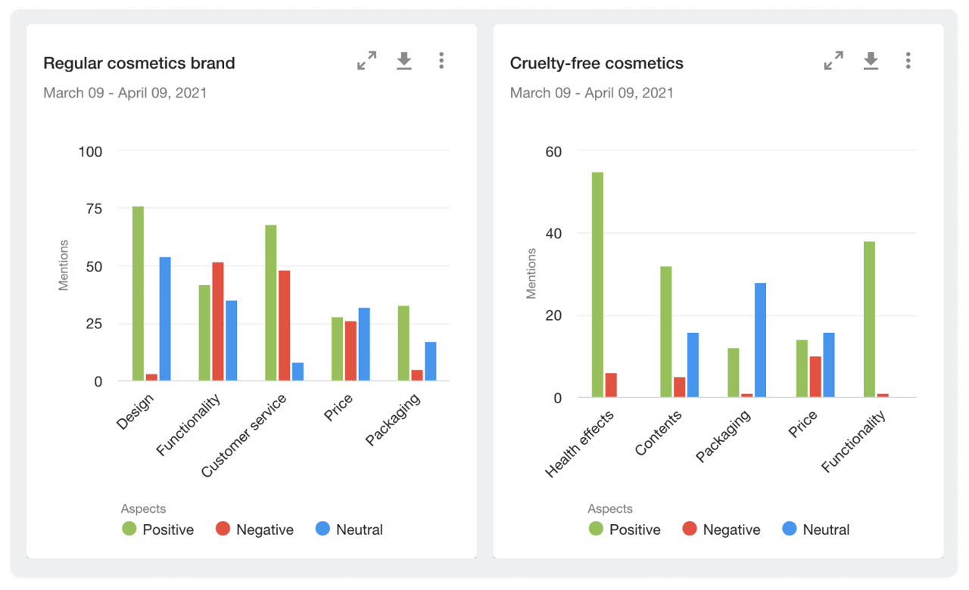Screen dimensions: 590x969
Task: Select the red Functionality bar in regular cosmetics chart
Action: click(x=218, y=321)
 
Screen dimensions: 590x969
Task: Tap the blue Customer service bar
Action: click(x=298, y=371)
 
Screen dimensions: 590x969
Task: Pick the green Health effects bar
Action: click(x=597, y=284)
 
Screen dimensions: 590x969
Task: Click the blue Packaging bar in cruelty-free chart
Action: click(x=760, y=340)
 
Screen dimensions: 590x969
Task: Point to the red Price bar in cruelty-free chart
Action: click(x=815, y=377)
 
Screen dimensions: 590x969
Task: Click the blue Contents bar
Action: click(x=693, y=365)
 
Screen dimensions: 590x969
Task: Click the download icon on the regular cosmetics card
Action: click(x=404, y=61)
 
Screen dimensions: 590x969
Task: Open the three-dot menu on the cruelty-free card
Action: click(x=908, y=61)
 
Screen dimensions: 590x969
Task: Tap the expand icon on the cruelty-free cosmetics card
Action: click(x=833, y=61)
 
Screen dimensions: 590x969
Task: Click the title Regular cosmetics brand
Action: click(x=139, y=64)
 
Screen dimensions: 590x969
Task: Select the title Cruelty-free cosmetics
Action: click(x=597, y=64)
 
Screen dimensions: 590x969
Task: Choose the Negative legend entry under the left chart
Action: click(x=255, y=529)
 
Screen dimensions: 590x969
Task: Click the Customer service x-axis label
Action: click(x=245, y=436)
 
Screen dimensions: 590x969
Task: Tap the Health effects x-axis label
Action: click(x=579, y=444)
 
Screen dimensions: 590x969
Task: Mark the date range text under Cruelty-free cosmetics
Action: click(x=591, y=93)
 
